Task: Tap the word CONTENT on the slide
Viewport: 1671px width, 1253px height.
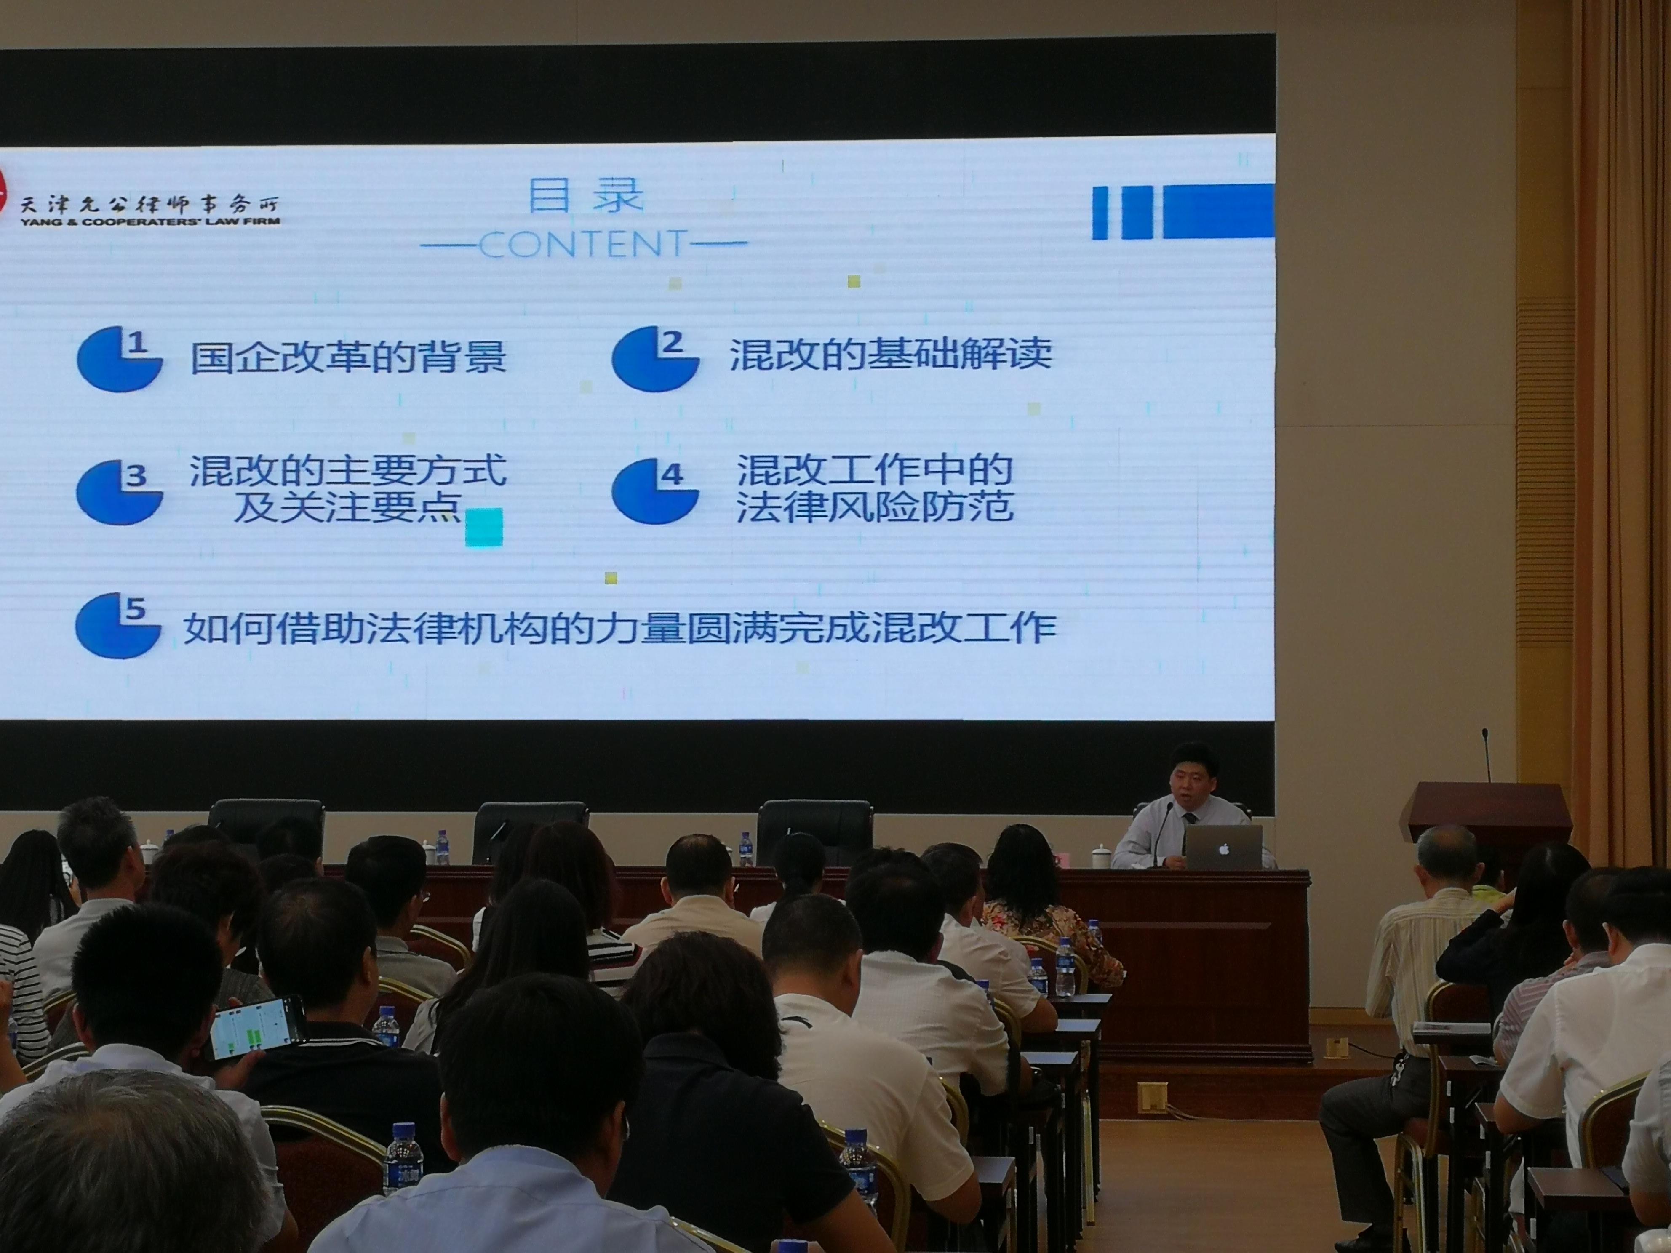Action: pyautogui.click(x=583, y=244)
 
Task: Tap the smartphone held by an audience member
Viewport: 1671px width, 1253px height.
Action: pyautogui.click(x=257, y=1027)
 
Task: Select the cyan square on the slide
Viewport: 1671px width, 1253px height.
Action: pyautogui.click(x=483, y=526)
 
